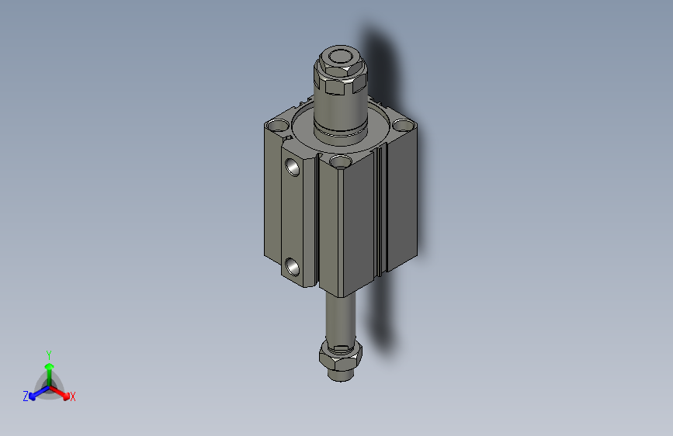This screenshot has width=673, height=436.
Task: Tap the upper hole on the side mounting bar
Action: (x=293, y=166)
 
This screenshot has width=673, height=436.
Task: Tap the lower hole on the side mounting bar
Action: (x=293, y=266)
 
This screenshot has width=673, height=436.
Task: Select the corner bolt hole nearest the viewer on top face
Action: (x=339, y=161)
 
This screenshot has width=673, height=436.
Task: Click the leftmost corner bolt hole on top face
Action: (x=277, y=124)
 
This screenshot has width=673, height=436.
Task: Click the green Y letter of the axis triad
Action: (x=49, y=354)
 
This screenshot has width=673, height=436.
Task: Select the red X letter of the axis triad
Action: (x=73, y=396)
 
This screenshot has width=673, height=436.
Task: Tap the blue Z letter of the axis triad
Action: (x=26, y=396)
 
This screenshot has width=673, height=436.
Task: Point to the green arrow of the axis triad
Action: (x=49, y=369)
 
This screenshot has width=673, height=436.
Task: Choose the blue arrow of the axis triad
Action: (x=36, y=393)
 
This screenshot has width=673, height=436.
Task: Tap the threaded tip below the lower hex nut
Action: (x=339, y=375)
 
